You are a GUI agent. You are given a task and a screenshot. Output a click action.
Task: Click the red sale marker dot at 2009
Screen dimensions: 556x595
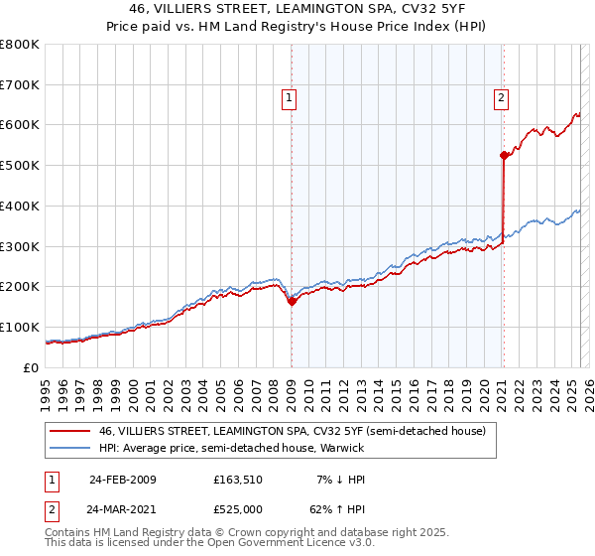click(x=292, y=302)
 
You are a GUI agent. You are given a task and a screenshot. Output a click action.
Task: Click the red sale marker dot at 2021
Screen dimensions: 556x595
click(x=504, y=155)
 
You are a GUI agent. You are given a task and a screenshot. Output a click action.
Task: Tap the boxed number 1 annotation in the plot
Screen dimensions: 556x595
click(x=289, y=97)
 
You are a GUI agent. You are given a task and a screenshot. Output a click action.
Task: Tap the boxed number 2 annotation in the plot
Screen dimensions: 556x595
click(x=501, y=97)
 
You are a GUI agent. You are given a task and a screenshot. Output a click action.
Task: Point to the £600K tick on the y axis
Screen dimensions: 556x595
click(x=21, y=125)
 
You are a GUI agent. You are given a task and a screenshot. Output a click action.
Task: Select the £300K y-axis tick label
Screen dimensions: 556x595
click(x=21, y=246)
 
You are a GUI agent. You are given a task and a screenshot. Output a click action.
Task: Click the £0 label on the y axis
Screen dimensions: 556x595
click(x=31, y=367)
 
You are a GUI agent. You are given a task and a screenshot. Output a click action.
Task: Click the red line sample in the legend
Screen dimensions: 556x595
click(x=68, y=431)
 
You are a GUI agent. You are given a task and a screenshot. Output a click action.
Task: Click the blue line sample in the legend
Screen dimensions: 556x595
click(x=68, y=449)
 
